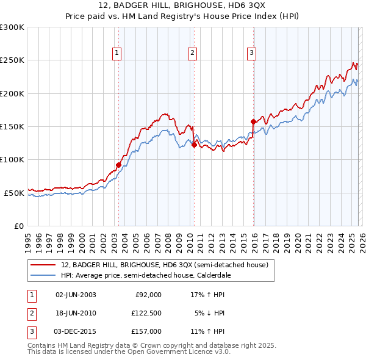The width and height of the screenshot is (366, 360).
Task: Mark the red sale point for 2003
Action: point(118,165)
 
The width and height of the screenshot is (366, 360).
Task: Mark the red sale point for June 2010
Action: point(194,145)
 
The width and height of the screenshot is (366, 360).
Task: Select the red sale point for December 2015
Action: point(253,122)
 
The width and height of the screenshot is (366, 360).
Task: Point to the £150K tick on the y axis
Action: point(13,126)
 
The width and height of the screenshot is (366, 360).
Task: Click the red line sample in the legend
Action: point(43,265)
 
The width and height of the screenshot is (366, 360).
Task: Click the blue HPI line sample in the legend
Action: point(43,275)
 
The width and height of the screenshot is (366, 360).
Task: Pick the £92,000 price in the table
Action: point(148,294)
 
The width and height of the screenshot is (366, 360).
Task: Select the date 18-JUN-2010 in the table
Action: point(76,313)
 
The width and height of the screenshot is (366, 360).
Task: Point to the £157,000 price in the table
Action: point(146,331)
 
